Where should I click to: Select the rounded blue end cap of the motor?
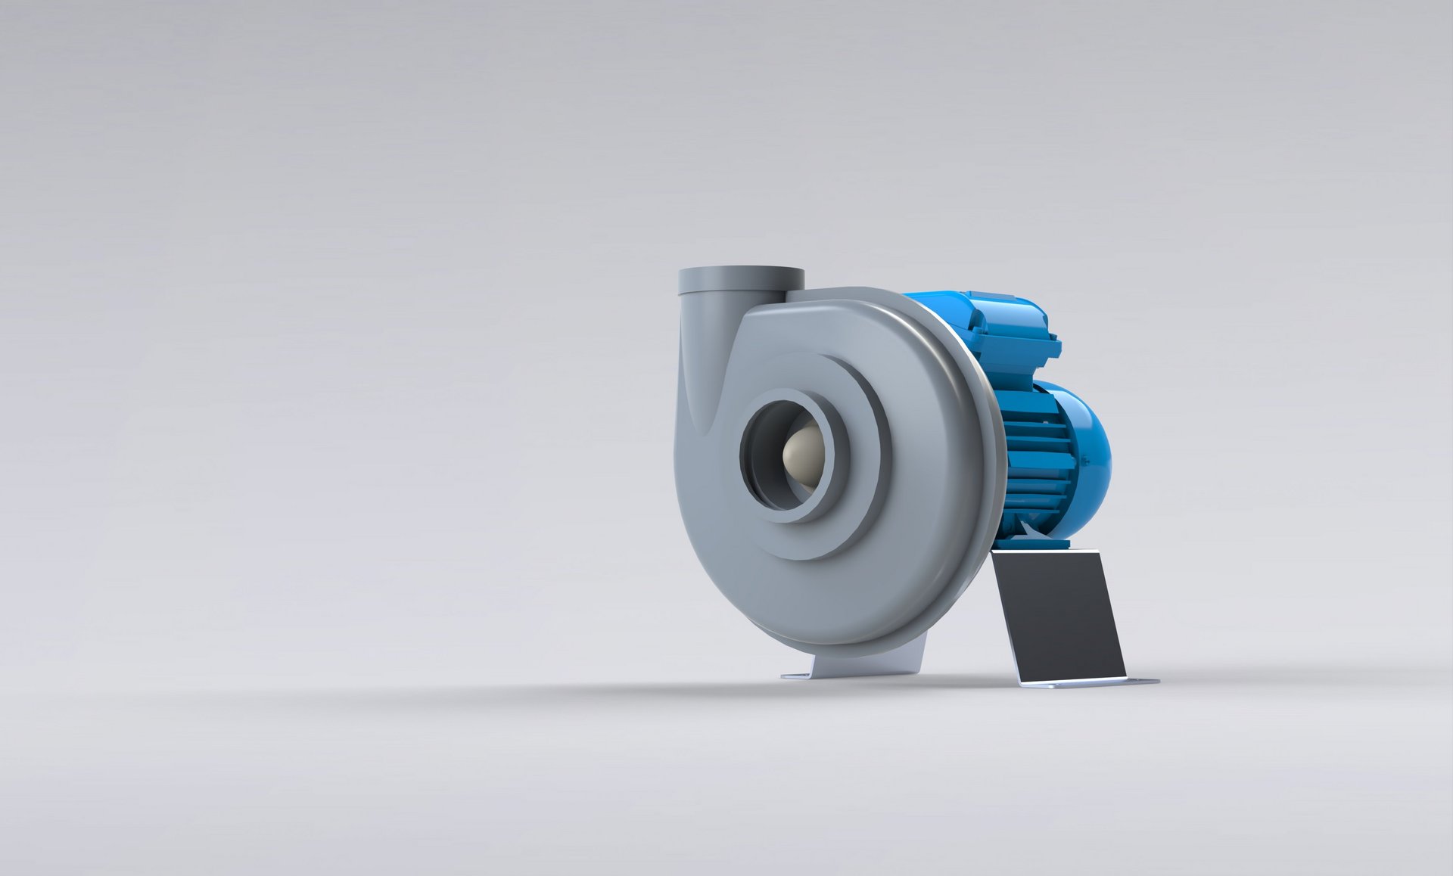tap(1090, 446)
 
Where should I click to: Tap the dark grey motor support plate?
tap(1059, 613)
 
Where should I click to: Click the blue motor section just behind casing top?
tap(938, 310)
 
